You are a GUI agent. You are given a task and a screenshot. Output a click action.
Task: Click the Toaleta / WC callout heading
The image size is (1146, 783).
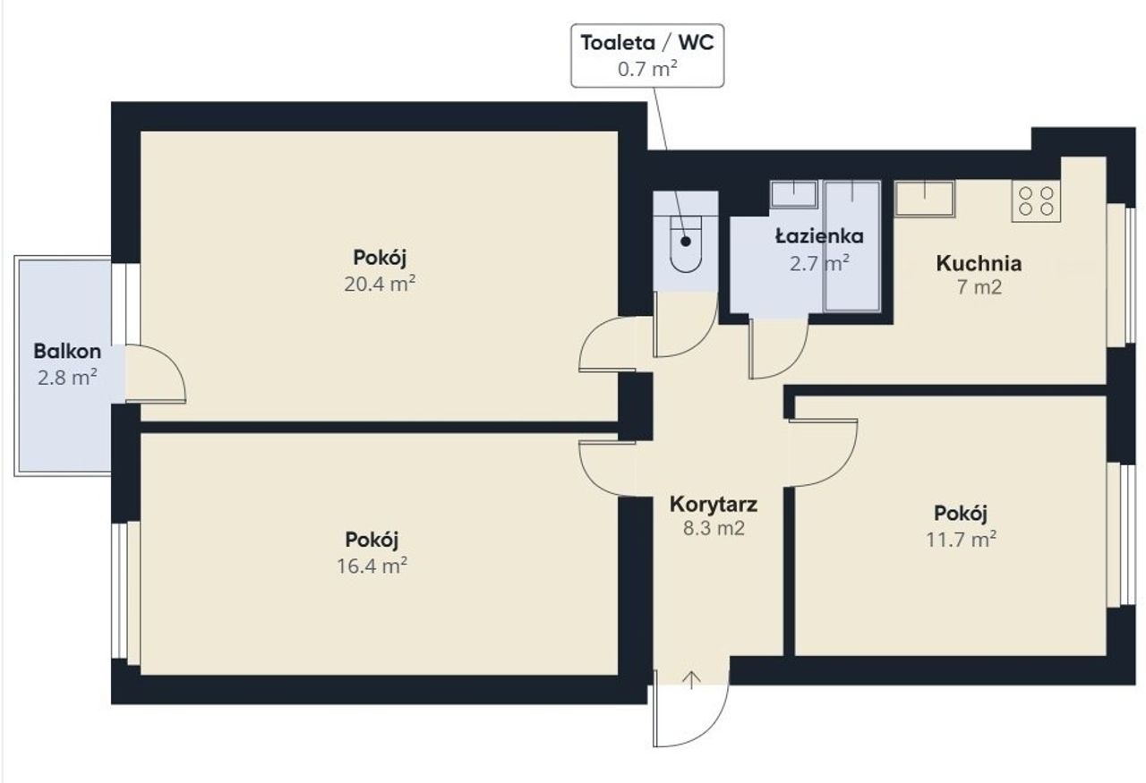coord(647,43)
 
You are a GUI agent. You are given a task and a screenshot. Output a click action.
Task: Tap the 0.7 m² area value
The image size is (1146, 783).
coord(647,69)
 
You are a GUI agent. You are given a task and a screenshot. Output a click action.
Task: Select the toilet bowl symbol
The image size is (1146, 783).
coord(686,244)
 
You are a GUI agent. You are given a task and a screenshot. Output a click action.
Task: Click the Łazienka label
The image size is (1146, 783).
coord(819,236)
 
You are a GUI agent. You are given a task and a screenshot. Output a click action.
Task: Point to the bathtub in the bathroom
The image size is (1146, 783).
coord(852,246)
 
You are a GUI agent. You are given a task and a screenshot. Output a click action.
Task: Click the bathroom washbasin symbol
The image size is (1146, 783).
coord(793,194)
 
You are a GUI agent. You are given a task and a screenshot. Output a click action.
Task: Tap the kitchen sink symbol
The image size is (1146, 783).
coord(925,199)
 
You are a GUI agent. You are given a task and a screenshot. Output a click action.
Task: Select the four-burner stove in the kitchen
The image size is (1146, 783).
coord(1036,200)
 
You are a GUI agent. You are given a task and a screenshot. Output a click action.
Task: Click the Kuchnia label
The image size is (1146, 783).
coord(979,263)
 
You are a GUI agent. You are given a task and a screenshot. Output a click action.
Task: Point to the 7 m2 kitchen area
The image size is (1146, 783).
coord(979,287)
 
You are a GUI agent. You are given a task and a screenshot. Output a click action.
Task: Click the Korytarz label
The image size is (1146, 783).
coord(714,505)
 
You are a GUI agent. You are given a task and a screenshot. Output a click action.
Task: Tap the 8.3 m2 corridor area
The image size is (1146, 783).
coord(714,528)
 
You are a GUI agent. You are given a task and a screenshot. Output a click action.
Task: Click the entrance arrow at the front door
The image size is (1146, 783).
coord(691,681)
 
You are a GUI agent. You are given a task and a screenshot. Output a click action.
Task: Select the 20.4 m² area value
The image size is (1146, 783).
coord(380,284)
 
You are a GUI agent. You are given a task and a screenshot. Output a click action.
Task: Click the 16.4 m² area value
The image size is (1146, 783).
coord(372,566)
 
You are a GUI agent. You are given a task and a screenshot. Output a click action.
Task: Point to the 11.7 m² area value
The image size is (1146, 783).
coord(961,540)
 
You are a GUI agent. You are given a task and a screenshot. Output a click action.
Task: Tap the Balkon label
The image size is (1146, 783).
coord(67,352)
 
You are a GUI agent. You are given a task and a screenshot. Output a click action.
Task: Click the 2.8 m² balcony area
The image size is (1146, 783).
coord(67,378)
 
